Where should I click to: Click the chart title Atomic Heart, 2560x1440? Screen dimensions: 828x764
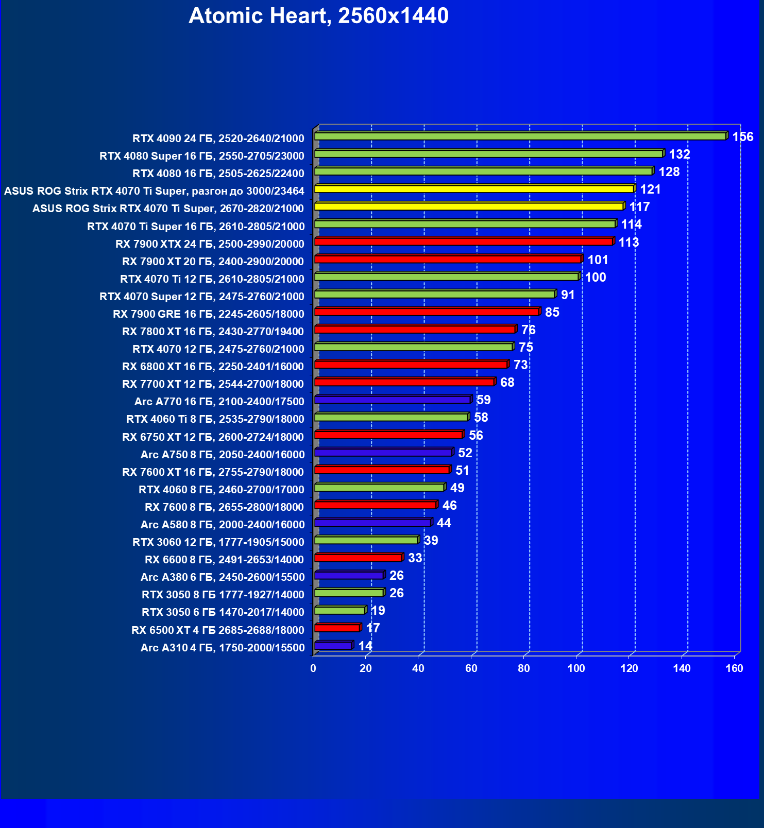point(318,16)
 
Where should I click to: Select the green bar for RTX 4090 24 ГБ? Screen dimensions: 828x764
point(520,136)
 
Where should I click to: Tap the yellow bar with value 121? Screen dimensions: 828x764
point(474,189)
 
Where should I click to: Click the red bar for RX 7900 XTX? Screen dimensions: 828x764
point(463,242)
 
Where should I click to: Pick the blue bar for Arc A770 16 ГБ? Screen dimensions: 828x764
point(392,400)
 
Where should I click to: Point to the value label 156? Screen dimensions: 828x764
point(742,137)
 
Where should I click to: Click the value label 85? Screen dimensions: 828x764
point(552,313)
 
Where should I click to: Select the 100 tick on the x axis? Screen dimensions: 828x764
point(576,668)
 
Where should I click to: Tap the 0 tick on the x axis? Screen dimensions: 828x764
point(313,668)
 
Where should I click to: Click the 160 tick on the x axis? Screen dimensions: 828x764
point(734,668)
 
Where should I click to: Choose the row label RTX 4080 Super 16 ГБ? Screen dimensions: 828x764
point(202,156)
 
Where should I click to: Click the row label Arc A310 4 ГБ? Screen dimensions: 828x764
point(223,648)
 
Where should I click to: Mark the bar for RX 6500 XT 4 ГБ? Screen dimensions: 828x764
point(337,628)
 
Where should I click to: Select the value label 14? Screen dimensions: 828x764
point(365,646)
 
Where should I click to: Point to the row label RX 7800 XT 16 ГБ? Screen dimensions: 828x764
point(213,332)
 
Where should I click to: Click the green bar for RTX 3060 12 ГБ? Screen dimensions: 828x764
point(366,540)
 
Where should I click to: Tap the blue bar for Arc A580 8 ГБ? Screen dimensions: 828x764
point(372,523)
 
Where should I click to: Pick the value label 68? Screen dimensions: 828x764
point(507,383)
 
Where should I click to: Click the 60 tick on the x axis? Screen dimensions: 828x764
point(471,668)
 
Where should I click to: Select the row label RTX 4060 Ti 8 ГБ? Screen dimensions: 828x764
point(215,419)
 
